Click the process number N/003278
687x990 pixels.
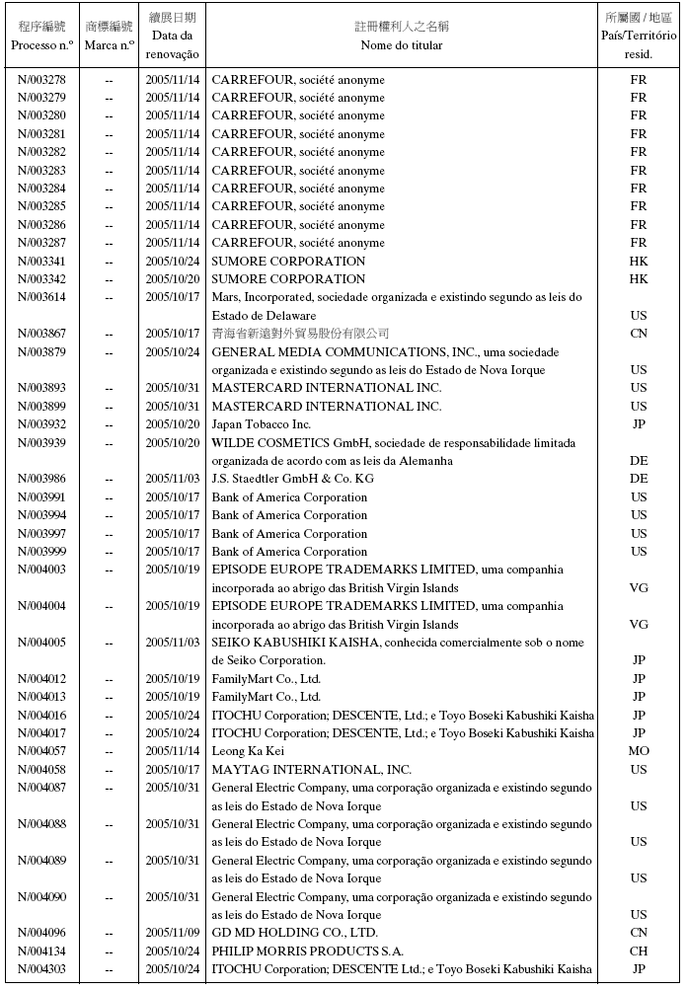point(41,80)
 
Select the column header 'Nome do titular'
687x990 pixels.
point(402,45)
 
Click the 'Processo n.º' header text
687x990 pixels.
point(41,45)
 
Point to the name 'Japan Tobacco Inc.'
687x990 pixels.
point(262,424)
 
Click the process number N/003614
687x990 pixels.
point(41,297)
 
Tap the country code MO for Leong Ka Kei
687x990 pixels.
point(639,751)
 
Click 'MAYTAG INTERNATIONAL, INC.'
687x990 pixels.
point(311,770)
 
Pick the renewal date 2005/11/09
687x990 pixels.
point(173,933)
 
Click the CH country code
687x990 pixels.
point(639,951)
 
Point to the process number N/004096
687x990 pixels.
point(41,933)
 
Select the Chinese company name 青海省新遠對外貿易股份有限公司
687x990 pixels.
point(300,334)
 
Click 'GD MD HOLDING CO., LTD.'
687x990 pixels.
point(294,933)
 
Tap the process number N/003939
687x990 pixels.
point(41,443)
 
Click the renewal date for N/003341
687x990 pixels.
point(173,262)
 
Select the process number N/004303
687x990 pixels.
point(41,969)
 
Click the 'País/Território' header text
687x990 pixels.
point(639,36)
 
